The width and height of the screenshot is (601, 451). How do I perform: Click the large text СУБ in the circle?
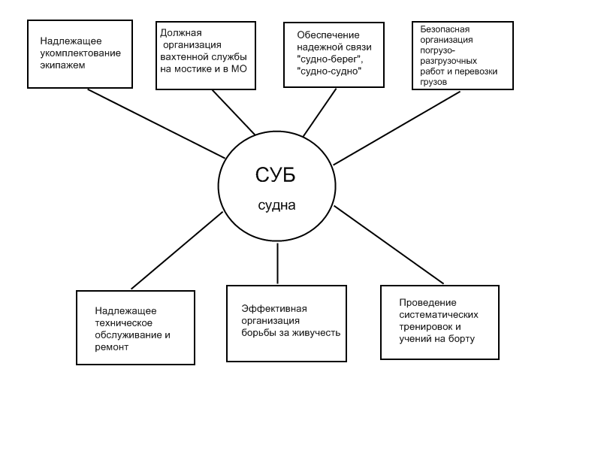(x=276, y=175)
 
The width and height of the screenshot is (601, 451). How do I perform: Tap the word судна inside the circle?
(x=276, y=205)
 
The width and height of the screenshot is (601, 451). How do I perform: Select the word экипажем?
(x=62, y=65)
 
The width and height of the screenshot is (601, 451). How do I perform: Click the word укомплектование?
(x=80, y=53)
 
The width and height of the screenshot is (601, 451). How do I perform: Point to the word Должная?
(x=181, y=33)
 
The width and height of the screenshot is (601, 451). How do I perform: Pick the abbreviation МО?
(x=239, y=69)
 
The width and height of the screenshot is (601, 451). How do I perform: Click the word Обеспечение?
(x=328, y=35)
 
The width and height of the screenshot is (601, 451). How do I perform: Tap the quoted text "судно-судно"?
(x=329, y=71)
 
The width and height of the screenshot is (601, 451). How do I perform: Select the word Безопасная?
(x=445, y=29)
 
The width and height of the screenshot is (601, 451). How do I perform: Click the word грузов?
(x=433, y=82)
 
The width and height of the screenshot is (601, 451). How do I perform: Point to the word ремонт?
(x=111, y=347)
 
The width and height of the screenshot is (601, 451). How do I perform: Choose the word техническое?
(x=123, y=323)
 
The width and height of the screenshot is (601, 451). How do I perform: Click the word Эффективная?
(x=274, y=309)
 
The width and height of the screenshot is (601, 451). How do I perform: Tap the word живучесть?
(x=316, y=333)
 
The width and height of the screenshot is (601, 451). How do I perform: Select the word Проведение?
(x=427, y=303)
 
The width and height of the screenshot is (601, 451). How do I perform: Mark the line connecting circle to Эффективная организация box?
(x=277, y=264)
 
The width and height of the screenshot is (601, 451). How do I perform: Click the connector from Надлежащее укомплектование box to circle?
(x=156, y=123)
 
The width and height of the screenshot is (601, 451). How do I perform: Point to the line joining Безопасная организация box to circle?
(x=397, y=128)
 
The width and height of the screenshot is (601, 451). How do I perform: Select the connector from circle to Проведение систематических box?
(x=388, y=245)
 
